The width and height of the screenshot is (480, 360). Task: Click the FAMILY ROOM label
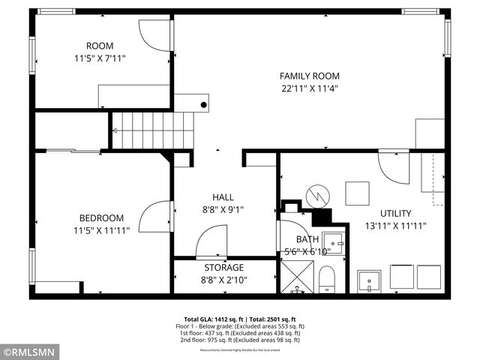click(309, 76)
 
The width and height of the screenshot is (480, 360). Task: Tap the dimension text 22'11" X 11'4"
click(309, 88)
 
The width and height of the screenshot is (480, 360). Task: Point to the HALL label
click(223, 197)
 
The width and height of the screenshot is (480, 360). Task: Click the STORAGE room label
click(224, 268)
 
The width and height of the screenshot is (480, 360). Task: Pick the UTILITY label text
click(395, 213)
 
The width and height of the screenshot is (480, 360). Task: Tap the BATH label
click(307, 239)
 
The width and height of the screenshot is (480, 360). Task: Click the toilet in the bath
click(327, 281)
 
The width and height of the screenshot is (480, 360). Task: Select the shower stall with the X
click(298, 280)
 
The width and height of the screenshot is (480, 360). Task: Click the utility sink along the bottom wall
click(368, 281)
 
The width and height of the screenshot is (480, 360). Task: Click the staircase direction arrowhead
click(115, 130)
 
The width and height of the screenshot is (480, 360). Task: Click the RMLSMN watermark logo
click(28, 350)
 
